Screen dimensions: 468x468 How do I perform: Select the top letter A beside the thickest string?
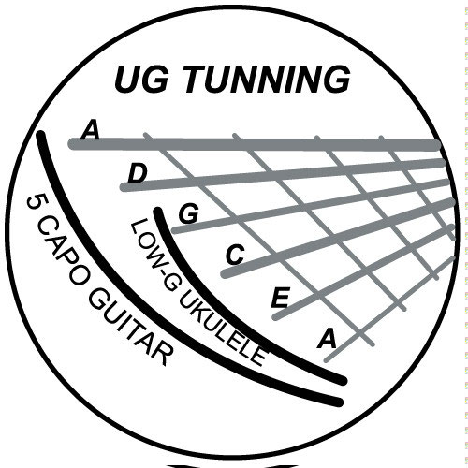[x=90, y=130]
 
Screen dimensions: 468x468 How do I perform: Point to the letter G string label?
[x=189, y=213]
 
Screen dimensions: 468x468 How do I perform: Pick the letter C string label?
[x=235, y=255]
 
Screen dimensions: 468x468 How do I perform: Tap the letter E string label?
[x=280, y=298]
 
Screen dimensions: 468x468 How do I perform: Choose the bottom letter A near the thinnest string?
[x=327, y=339]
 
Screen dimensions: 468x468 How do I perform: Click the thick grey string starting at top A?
[x=255, y=144]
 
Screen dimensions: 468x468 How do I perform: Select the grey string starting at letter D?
[x=283, y=175]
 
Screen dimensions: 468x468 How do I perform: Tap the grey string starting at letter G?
[x=312, y=206]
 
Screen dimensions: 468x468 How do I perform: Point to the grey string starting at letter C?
[x=339, y=237]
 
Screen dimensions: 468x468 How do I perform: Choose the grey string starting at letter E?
[x=363, y=271]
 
